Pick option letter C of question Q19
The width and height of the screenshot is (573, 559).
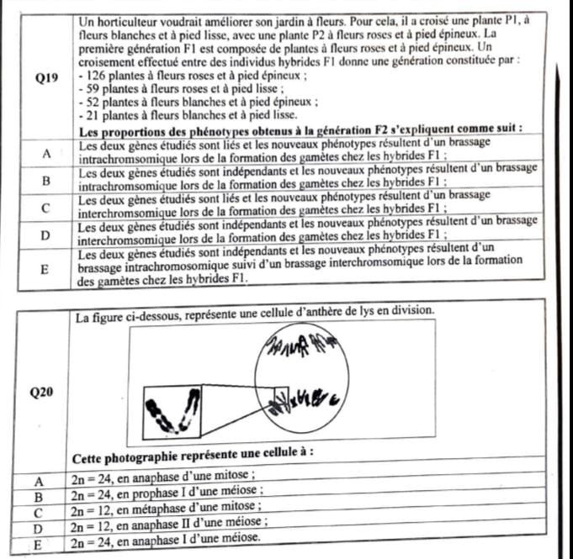46,206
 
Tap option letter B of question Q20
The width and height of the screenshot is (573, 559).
37,495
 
